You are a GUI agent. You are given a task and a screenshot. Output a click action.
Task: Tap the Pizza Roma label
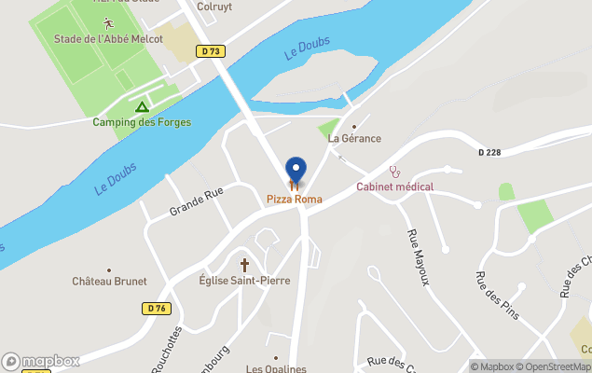pos(295,199)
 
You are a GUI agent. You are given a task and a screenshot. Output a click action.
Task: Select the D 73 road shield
pos(211,52)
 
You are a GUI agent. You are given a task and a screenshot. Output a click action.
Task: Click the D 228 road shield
pos(489,153)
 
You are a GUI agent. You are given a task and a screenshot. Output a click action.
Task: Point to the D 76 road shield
pos(156,308)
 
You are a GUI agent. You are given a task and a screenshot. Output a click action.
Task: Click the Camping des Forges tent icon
pos(142,107)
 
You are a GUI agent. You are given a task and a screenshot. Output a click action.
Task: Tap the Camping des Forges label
pos(142,122)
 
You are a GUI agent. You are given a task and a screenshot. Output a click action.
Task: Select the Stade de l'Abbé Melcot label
pos(108,38)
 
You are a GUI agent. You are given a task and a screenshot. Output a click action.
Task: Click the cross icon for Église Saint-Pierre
pos(245,265)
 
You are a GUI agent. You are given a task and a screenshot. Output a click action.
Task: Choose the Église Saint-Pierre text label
pos(244,281)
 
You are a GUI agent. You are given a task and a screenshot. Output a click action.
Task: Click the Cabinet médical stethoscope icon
pos(395,172)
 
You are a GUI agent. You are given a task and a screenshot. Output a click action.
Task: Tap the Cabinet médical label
pos(395,186)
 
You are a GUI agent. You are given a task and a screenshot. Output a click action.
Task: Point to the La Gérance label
pos(355,139)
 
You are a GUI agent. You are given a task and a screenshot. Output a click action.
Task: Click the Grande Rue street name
pos(197,201)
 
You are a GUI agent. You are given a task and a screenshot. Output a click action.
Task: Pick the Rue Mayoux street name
pos(419,256)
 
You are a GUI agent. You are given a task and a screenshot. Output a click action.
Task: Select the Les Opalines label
pos(276,368)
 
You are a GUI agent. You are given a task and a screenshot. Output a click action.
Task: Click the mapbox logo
pos(41,361)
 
